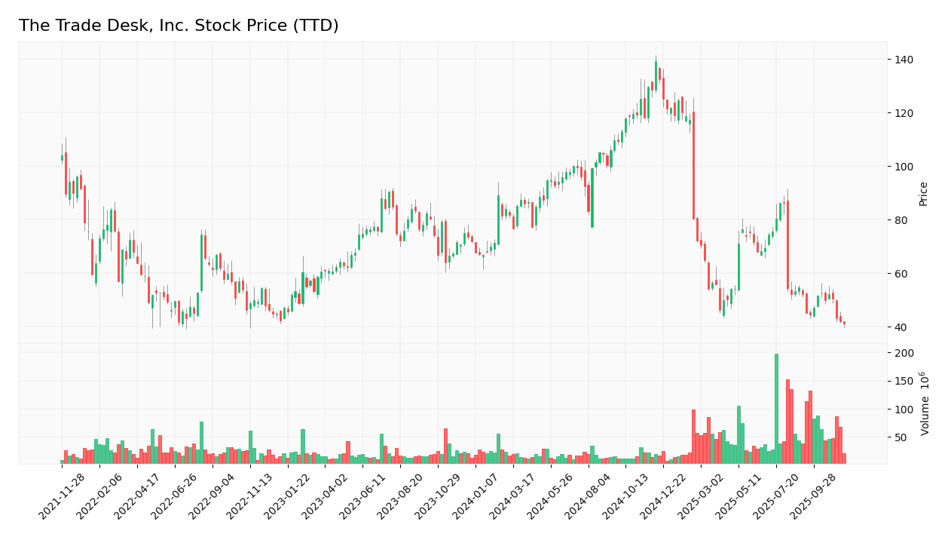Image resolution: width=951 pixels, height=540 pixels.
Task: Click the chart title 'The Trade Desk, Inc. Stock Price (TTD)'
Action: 179,26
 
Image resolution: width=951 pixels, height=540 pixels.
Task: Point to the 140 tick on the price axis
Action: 904,60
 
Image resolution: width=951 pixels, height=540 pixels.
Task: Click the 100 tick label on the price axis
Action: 904,167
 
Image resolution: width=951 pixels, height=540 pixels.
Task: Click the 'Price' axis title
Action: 923,194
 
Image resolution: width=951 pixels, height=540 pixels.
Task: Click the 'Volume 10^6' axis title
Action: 925,403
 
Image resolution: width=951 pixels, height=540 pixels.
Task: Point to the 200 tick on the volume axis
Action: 904,353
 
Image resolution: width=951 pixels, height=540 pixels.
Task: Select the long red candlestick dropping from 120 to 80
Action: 693,166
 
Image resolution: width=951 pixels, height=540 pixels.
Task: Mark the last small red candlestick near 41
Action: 844,323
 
